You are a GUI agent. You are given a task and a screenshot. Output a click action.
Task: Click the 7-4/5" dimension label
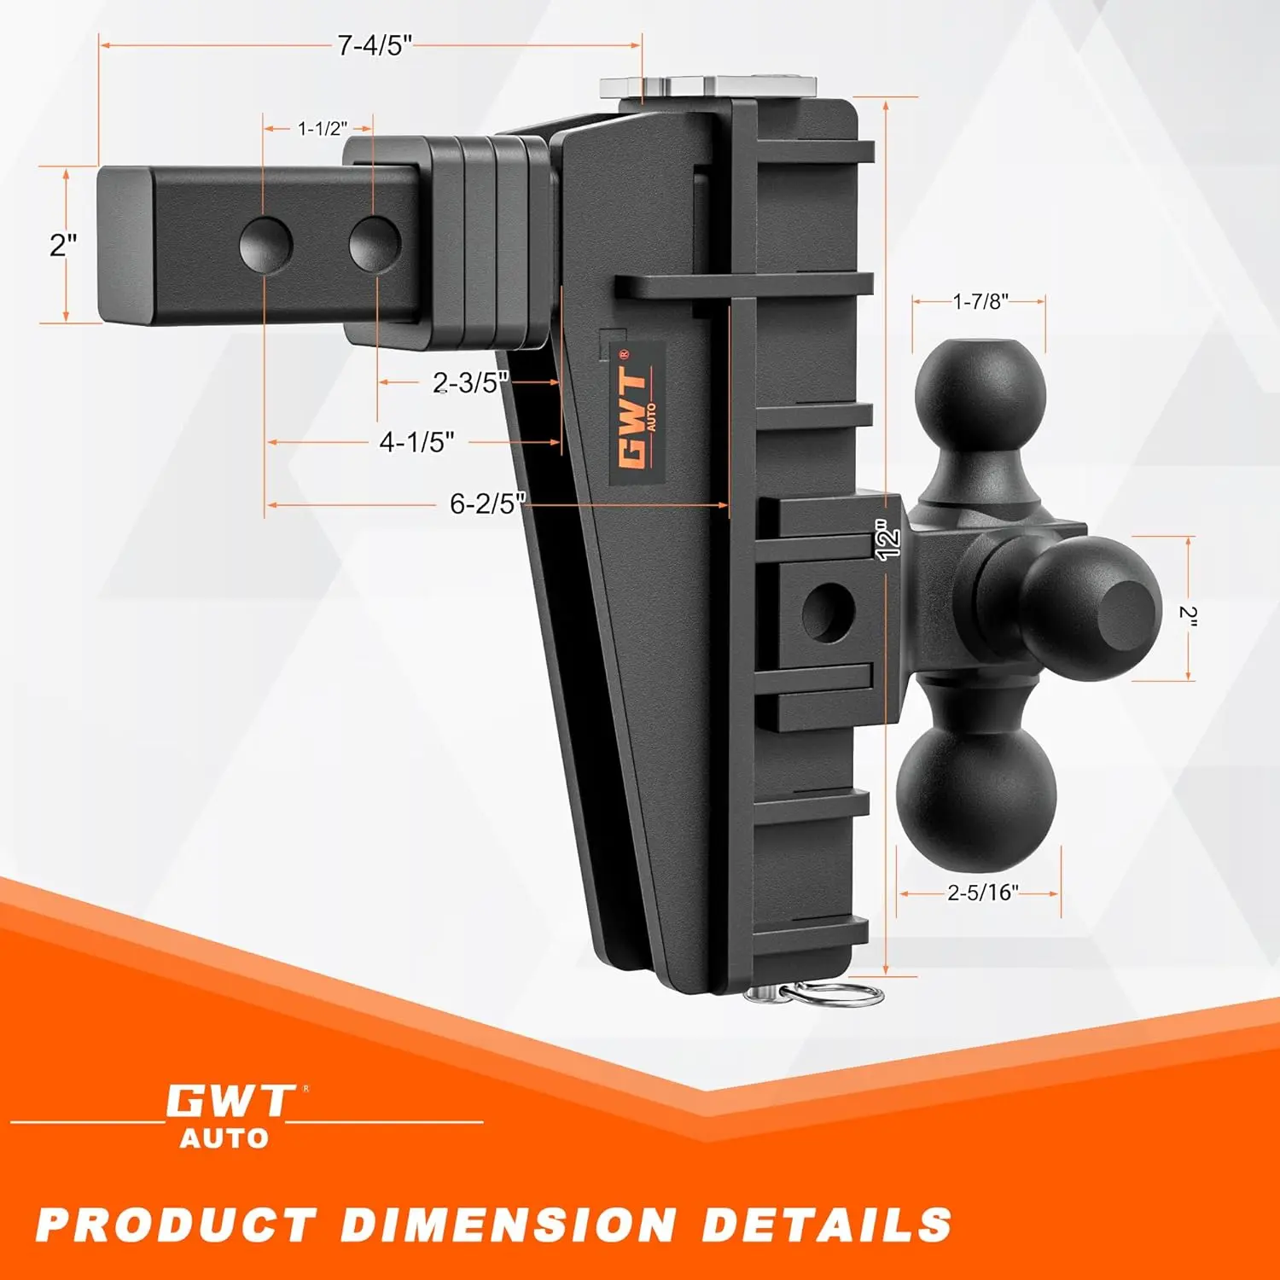pyautogui.click(x=375, y=45)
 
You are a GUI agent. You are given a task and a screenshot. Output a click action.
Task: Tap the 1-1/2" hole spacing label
pyautogui.click(x=323, y=129)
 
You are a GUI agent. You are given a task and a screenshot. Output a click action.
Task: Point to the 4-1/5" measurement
pyautogui.click(x=416, y=442)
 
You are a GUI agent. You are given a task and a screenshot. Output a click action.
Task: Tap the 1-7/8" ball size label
pyautogui.click(x=980, y=300)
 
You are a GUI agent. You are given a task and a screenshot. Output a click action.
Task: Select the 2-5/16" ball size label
pyautogui.click(x=983, y=893)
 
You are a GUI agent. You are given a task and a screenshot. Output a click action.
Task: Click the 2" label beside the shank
pyautogui.click(x=63, y=246)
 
